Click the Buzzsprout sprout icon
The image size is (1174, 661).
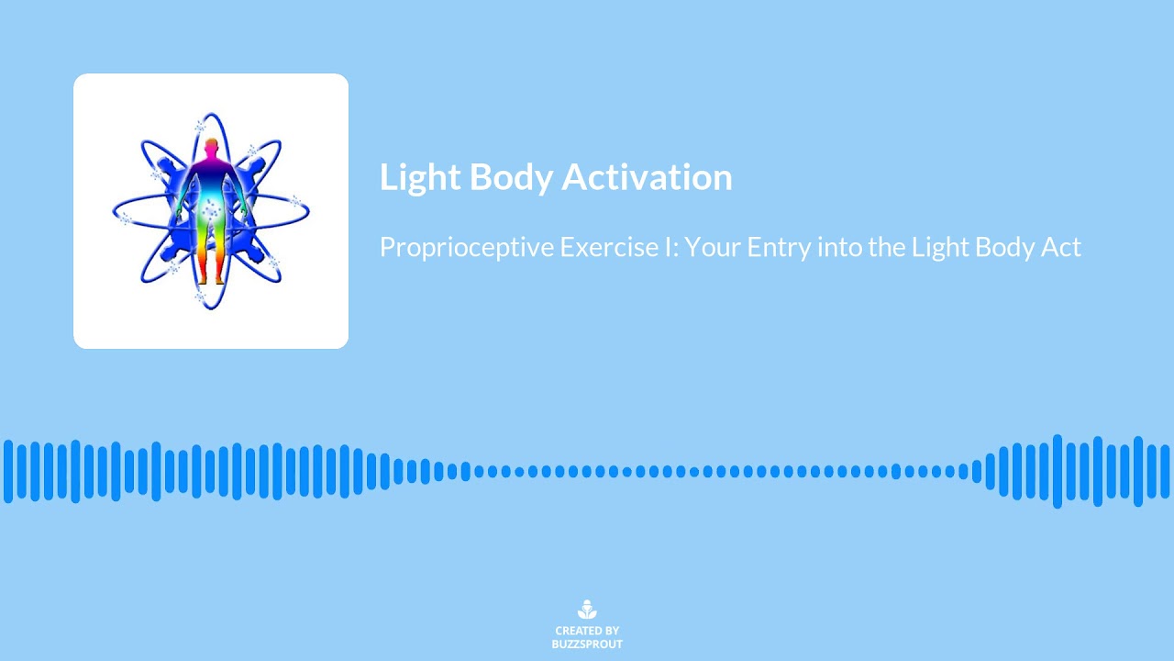[587, 610]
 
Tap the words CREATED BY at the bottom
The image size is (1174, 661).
[587, 631]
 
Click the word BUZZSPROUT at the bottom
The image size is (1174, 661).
[587, 644]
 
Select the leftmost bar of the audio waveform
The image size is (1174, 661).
[8, 471]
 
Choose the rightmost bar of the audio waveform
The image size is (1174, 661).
[1166, 471]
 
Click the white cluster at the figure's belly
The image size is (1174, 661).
[212, 213]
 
